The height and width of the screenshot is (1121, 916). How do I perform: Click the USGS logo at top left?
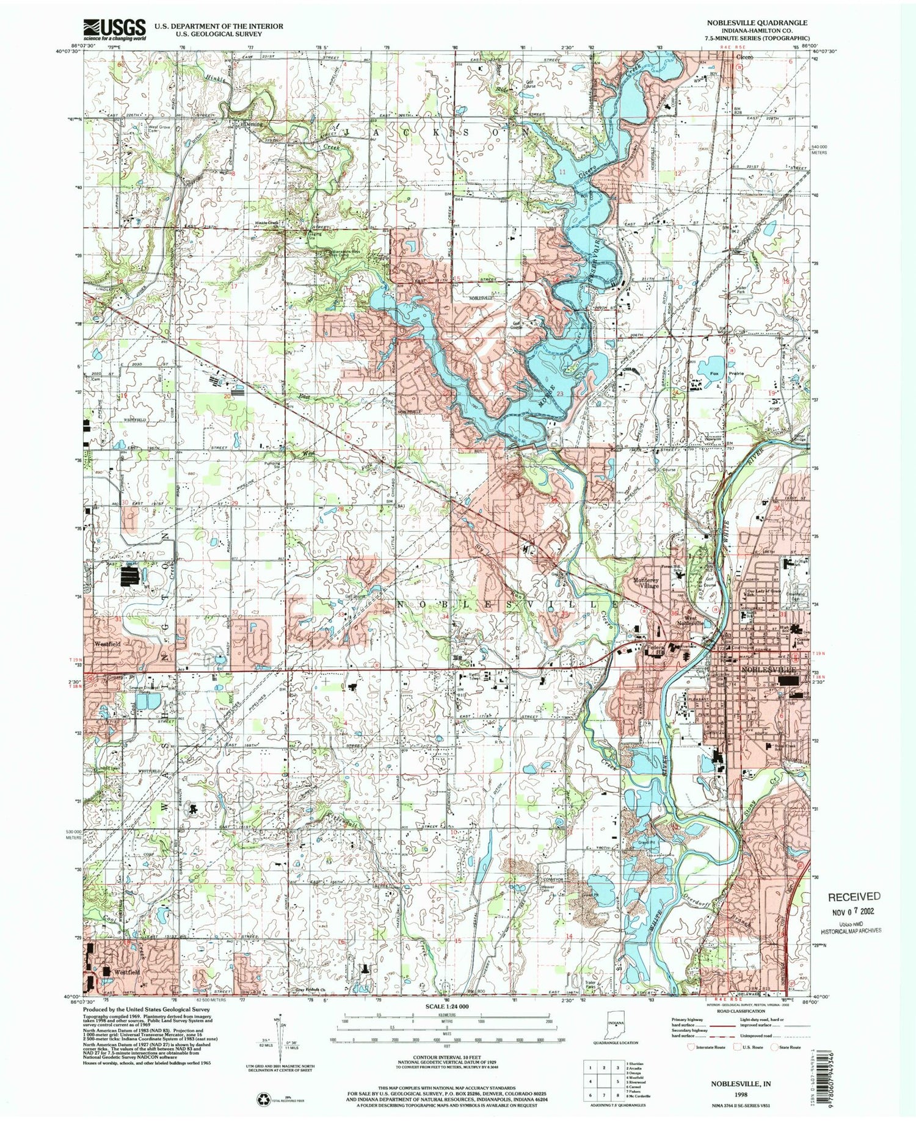(115, 29)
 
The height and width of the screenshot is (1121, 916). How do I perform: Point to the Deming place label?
(252, 124)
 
